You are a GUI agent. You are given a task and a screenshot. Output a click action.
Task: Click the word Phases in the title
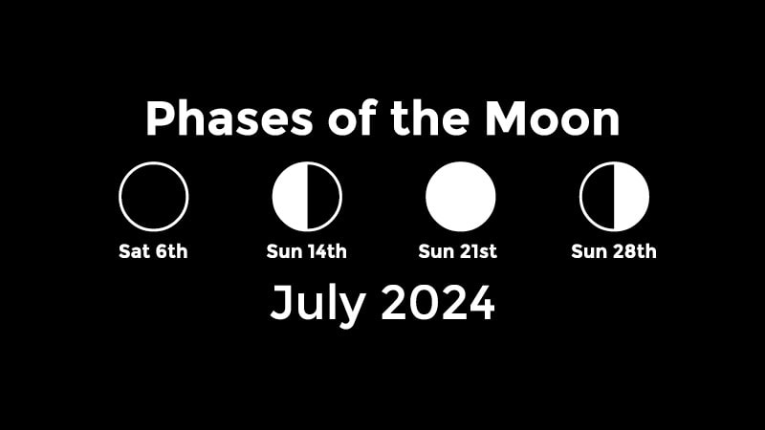(x=229, y=118)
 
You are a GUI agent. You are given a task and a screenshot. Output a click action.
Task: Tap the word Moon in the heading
(x=552, y=118)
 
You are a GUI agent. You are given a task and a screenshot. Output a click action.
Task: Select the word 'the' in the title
(x=429, y=118)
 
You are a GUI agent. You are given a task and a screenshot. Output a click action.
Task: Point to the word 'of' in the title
(x=352, y=118)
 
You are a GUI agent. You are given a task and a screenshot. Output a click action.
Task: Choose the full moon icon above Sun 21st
(x=461, y=197)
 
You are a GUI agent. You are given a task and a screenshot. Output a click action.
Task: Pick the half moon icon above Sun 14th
(x=307, y=197)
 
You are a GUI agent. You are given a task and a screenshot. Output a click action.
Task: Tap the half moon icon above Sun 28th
(x=614, y=197)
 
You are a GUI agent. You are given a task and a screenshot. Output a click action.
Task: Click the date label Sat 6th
(x=153, y=251)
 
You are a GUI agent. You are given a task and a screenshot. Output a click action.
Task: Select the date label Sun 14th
(x=306, y=251)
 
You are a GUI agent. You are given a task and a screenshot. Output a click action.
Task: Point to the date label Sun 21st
(x=458, y=251)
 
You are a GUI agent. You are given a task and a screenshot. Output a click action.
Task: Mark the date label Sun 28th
(x=614, y=251)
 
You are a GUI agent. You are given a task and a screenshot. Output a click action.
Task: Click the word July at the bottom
(x=318, y=304)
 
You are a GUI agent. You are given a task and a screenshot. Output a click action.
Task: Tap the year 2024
(x=438, y=303)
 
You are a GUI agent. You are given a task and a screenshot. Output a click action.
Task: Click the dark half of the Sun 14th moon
(x=323, y=197)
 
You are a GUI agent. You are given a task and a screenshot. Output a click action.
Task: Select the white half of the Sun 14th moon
(x=290, y=197)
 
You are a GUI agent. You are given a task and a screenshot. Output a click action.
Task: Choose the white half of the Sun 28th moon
(x=632, y=197)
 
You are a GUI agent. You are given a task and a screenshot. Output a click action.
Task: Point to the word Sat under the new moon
(x=134, y=251)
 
